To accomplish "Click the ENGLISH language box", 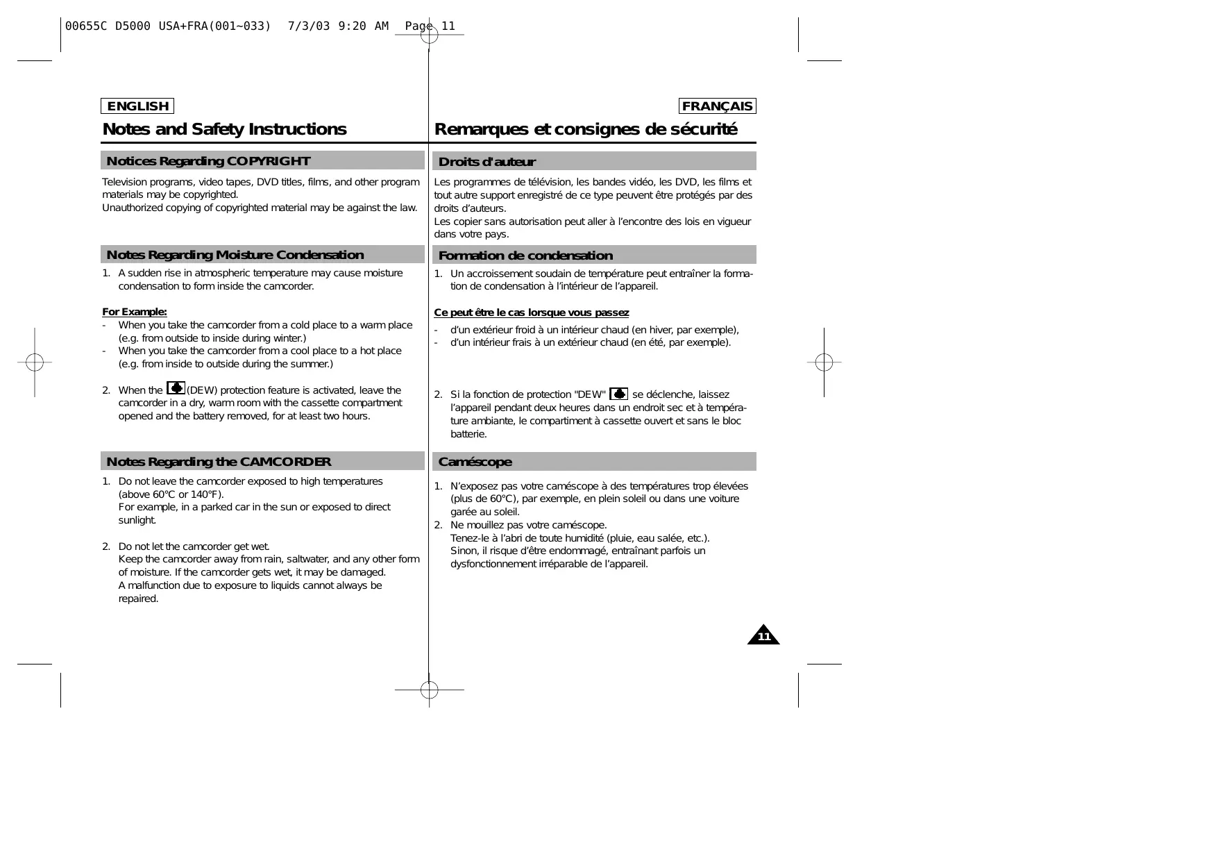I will click(x=137, y=106).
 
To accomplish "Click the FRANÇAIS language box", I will click(x=717, y=106).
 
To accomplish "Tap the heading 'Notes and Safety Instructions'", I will click(x=224, y=129).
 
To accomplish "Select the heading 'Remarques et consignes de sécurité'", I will click(x=586, y=129).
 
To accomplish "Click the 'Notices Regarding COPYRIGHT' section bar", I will click(x=262, y=161).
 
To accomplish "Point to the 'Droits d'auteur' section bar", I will click(x=594, y=162).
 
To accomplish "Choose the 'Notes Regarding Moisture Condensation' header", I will click(x=262, y=255).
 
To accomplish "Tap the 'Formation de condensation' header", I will click(x=594, y=256).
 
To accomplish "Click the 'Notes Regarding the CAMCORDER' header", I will click(x=262, y=462).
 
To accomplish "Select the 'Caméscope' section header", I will click(x=594, y=462).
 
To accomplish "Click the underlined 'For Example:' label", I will click(x=135, y=312).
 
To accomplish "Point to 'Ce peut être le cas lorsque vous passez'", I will click(x=532, y=312).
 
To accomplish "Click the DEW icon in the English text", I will click(x=176, y=388).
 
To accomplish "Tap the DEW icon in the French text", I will click(x=618, y=394).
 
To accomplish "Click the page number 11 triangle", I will click(x=763, y=636).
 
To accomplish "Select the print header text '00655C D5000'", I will click(x=108, y=26).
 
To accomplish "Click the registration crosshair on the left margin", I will click(x=35, y=362).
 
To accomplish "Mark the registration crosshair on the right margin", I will click(x=824, y=362).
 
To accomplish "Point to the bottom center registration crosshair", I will click(x=430, y=690).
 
